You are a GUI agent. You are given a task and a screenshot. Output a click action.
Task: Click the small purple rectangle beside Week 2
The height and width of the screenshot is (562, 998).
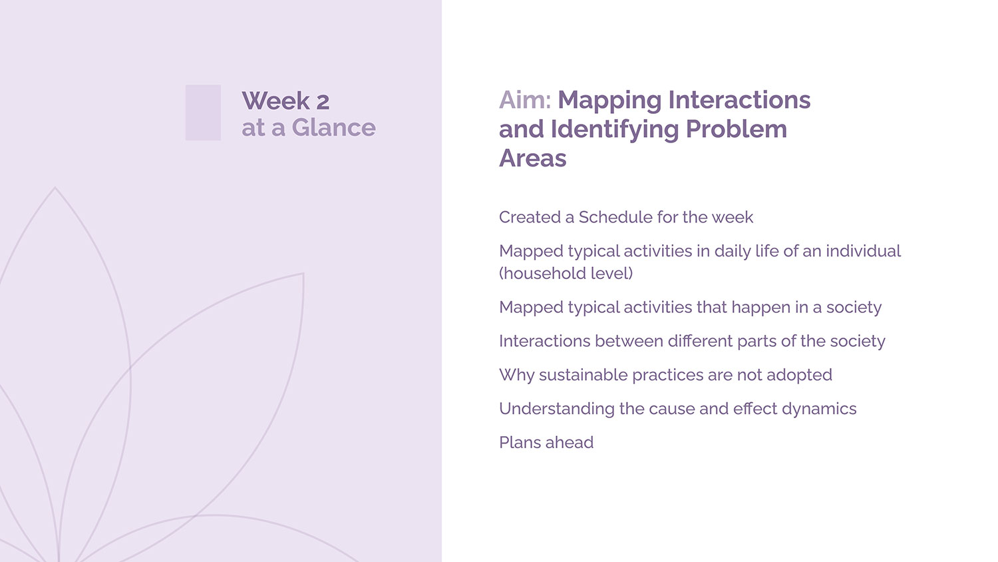pyautogui.click(x=203, y=113)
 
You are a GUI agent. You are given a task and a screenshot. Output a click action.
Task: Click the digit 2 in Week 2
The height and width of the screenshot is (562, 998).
pyautogui.click(x=323, y=102)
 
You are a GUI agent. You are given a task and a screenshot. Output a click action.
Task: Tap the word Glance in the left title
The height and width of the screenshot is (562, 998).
pyautogui.click(x=334, y=128)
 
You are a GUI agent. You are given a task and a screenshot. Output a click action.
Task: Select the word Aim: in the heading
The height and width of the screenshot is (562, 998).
pyautogui.click(x=525, y=100)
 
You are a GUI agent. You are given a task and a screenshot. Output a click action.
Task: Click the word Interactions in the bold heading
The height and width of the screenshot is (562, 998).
pyautogui.click(x=740, y=100)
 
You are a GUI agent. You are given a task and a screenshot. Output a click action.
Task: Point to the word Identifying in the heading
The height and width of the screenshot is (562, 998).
pyautogui.click(x=615, y=130)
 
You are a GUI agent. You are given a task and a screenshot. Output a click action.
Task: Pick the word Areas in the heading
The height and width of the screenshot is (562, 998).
pyautogui.click(x=533, y=158)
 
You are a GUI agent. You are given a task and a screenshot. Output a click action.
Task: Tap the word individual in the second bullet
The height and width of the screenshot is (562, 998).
pyautogui.click(x=864, y=251)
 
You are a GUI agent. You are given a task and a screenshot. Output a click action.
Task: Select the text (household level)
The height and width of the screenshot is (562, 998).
pyautogui.click(x=566, y=274)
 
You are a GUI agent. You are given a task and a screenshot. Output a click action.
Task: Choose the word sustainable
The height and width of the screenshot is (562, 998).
pyautogui.click(x=583, y=375)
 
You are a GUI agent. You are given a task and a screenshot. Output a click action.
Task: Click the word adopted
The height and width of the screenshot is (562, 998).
pyautogui.click(x=799, y=375)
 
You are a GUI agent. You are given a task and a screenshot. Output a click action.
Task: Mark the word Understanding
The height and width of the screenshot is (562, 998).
pyautogui.click(x=557, y=409)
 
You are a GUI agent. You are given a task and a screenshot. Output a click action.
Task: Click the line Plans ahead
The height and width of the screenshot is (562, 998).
pyautogui.click(x=546, y=442)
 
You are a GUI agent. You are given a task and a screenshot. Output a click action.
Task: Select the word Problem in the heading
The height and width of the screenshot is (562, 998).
pyautogui.click(x=737, y=129)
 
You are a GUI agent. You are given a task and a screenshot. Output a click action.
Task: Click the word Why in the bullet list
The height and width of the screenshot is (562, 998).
pyautogui.click(x=517, y=376)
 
